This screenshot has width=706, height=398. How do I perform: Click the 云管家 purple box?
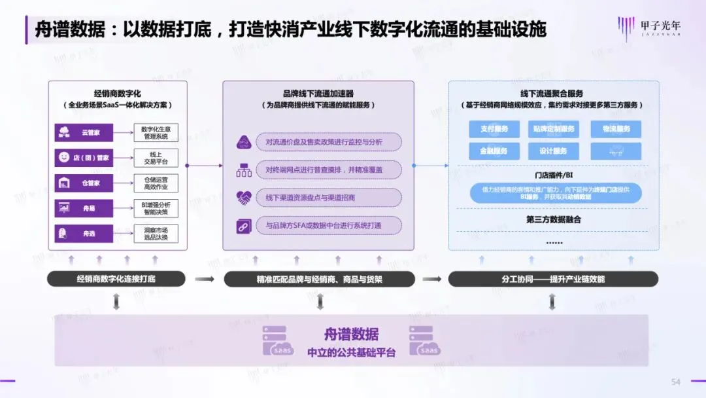tap(84, 132)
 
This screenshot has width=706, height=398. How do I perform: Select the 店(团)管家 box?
tap(84, 158)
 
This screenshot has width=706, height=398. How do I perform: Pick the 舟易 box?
tap(84, 208)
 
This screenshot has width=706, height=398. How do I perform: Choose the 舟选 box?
tap(84, 233)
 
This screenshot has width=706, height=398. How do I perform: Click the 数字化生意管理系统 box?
tap(156, 132)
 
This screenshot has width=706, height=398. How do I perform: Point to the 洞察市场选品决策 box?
tap(156, 233)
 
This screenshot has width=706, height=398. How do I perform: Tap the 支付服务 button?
tap(494, 129)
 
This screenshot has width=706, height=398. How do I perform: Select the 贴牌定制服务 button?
tap(554, 129)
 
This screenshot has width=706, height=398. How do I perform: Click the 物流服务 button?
tap(615, 129)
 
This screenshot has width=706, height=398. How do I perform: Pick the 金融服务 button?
tap(494, 151)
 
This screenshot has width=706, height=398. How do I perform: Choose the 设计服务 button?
tap(554, 151)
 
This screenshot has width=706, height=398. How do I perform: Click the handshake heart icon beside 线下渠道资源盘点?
tap(243, 197)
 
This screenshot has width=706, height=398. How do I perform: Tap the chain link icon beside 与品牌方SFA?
tap(243, 226)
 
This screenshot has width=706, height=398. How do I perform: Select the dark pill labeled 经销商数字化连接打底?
tap(116, 280)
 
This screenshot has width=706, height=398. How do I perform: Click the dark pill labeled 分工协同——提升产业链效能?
tap(552, 280)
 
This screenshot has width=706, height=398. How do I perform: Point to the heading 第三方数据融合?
tap(553, 220)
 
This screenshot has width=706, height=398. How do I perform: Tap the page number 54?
tap(676, 382)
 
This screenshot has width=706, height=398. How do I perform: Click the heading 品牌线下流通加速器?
tap(318, 94)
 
